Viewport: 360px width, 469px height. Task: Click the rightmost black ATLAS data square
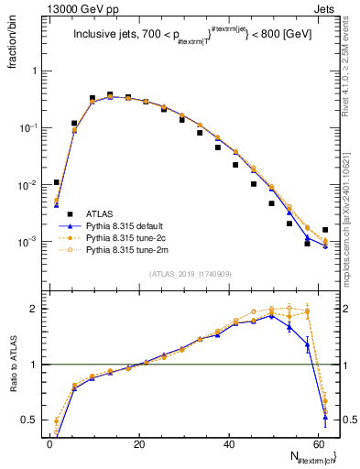click(325, 229)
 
